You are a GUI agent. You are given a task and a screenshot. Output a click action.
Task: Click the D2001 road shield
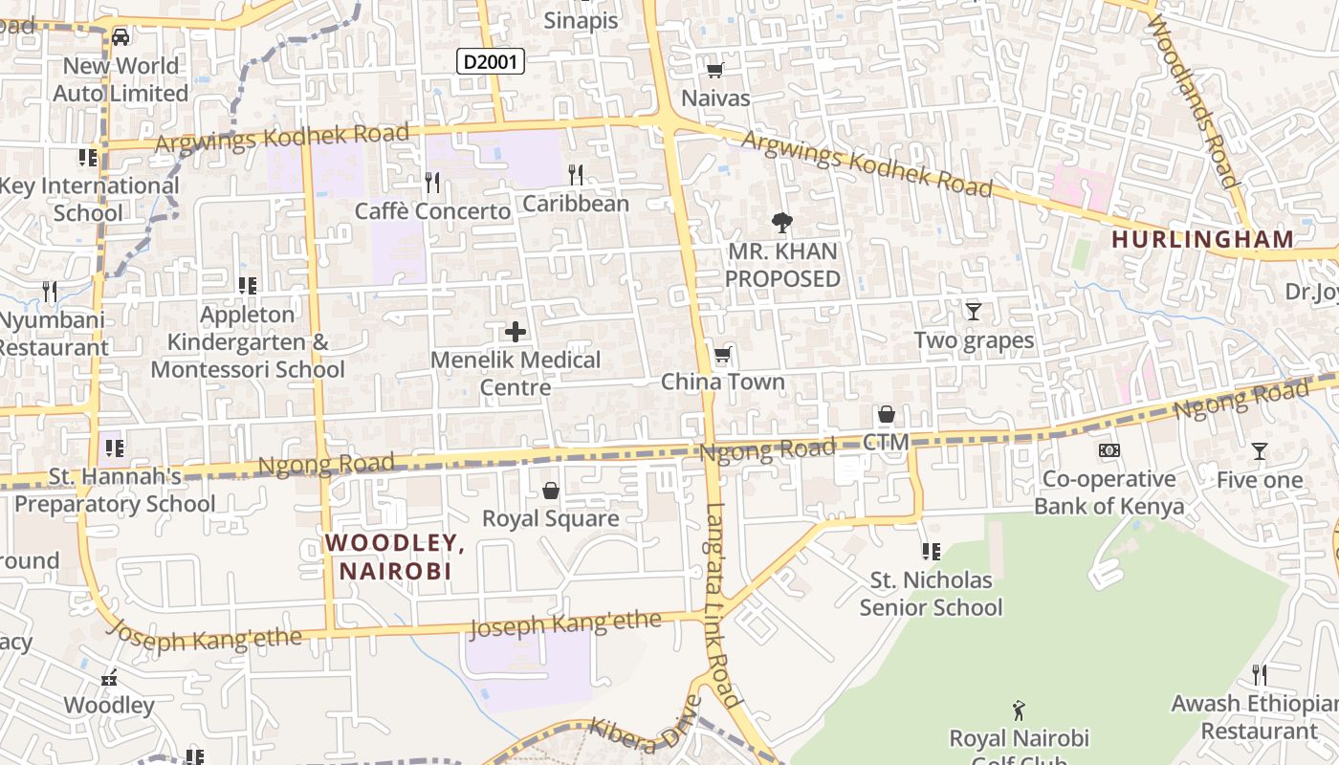click(x=490, y=62)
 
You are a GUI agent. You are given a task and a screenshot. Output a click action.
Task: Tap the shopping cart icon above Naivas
click(x=714, y=69)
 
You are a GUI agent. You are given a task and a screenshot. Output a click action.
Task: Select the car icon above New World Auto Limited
click(x=121, y=36)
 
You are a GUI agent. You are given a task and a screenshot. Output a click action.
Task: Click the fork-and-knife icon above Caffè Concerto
click(x=432, y=181)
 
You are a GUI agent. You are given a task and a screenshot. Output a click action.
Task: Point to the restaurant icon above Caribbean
click(x=576, y=174)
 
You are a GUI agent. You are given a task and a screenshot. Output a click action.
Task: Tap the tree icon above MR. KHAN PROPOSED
click(x=782, y=223)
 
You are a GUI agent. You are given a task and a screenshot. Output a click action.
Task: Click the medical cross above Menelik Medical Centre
click(x=516, y=332)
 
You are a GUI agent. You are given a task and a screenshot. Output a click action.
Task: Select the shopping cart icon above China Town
click(x=723, y=355)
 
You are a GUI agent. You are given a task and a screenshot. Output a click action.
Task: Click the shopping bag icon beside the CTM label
click(x=887, y=415)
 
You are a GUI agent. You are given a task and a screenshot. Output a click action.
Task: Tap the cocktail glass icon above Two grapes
click(x=974, y=311)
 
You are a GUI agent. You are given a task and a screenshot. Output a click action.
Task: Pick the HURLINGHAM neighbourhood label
click(x=1202, y=239)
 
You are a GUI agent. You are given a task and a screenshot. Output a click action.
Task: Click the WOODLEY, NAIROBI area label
click(x=395, y=557)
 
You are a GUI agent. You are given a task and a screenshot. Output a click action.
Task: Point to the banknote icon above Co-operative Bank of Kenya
click(x=1109, y=449)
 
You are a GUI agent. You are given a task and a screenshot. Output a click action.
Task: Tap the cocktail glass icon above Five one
click(x=1260, y=450)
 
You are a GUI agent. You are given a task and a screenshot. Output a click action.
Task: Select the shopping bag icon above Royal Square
click(x=551, y=491)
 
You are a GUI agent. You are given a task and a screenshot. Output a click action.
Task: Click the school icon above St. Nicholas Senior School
click(x=931, y=551)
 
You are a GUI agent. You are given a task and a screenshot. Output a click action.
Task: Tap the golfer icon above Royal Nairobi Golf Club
click(x=1019, y=710)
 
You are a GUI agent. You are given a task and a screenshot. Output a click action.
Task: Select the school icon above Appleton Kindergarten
click(x=248, y=285)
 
